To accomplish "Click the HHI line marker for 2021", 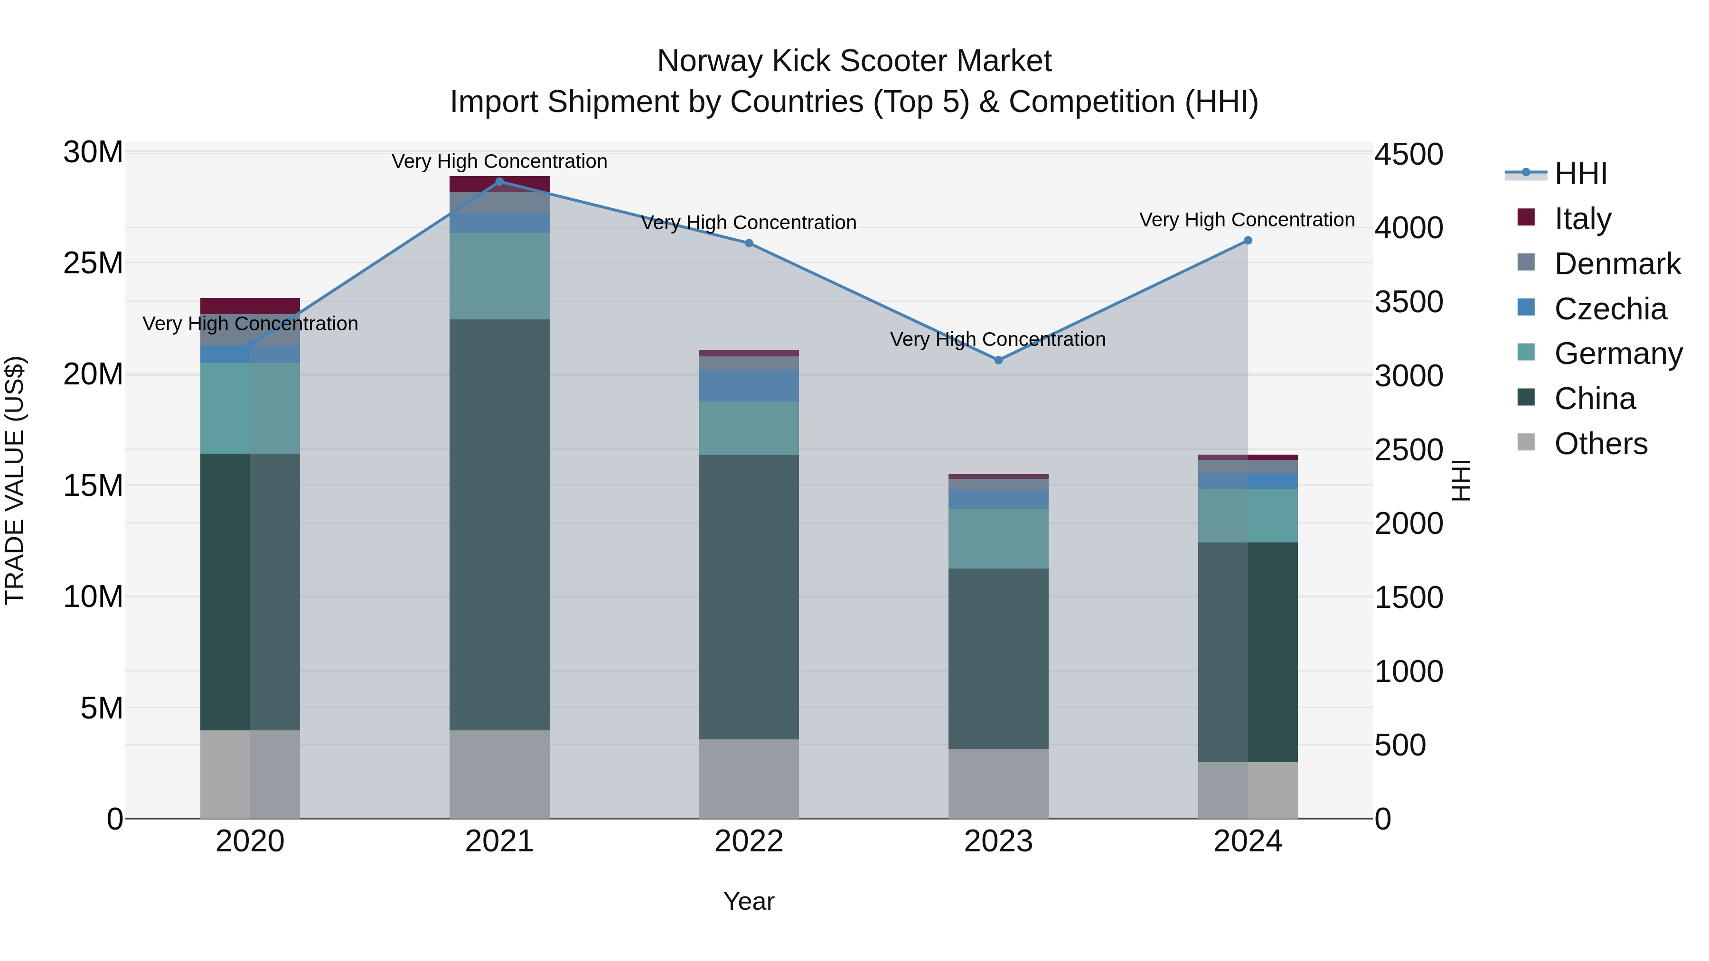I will click(499, 181).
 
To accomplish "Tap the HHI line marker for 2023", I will click(998, 360).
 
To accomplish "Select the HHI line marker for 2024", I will click(1248, 241).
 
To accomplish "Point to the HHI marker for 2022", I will click(749, 243).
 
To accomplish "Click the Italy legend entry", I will click(1582, 219).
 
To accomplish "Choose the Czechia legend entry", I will click(1610, 309).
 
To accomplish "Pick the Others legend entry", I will click(1600, 444).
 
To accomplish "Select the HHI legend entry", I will click(1580, 174).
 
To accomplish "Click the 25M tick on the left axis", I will click(93, 263).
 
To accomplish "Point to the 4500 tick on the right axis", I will click(1409, 155).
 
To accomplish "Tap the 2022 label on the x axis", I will click(749, 841).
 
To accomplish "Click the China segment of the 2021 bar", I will click(499, 524).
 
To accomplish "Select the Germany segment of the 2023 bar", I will click(998, 539).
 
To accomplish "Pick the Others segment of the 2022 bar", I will click(749, 779).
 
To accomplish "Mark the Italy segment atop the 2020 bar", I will click(250, 306).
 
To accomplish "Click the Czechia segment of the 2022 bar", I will click(749, 385).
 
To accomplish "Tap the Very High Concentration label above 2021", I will click(499, 161).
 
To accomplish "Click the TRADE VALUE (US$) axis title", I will click(15, 480).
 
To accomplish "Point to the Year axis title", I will click(749, 901).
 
